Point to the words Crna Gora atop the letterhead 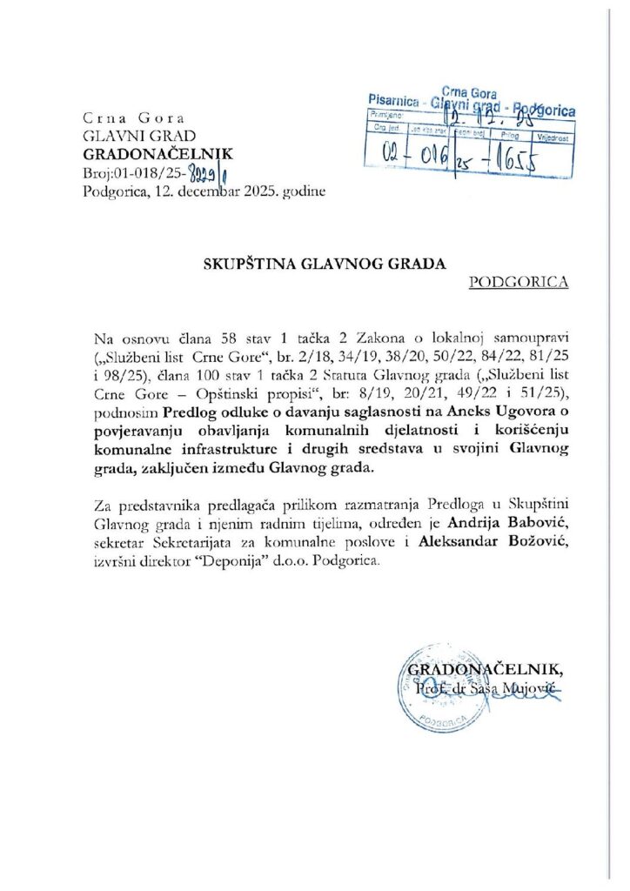pyautogui.click(x=128, y=117)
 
